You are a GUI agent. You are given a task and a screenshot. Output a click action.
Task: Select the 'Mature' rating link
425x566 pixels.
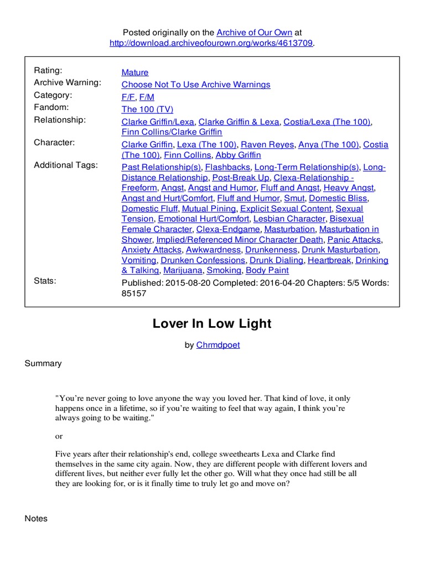pyautogui.click(x=135, y=72)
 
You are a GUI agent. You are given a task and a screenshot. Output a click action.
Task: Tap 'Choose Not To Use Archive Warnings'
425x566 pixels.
pyautogui.click(x=196, y=85)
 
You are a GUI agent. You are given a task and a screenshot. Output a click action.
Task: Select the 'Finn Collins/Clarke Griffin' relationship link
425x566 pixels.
pyautogui.click(x=172, y=132)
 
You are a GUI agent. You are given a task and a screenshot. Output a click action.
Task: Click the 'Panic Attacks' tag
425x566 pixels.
pyautogui.click(x=354, y=239)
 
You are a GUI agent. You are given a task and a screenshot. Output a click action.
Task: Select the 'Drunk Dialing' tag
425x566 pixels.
pyautogui.click(x=276, y=260)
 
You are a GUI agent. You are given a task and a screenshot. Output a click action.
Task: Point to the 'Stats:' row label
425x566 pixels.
pyautogui.click(x=45, y=281)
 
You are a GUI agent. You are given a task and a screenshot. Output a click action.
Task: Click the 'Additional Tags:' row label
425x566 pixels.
pyautogui.click(x=66, y=165)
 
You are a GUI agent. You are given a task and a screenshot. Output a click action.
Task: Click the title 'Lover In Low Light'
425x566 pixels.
pyautogui.click(x=212, y=324)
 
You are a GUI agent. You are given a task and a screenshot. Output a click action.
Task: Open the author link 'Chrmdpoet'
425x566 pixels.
pyautogui.click(x=218, y=345)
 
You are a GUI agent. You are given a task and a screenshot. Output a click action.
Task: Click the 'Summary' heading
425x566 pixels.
pyautogui.click(x=43, y=363)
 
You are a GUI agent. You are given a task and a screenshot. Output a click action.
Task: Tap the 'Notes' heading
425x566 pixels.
pyautogui.click(x=37, y=518)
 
